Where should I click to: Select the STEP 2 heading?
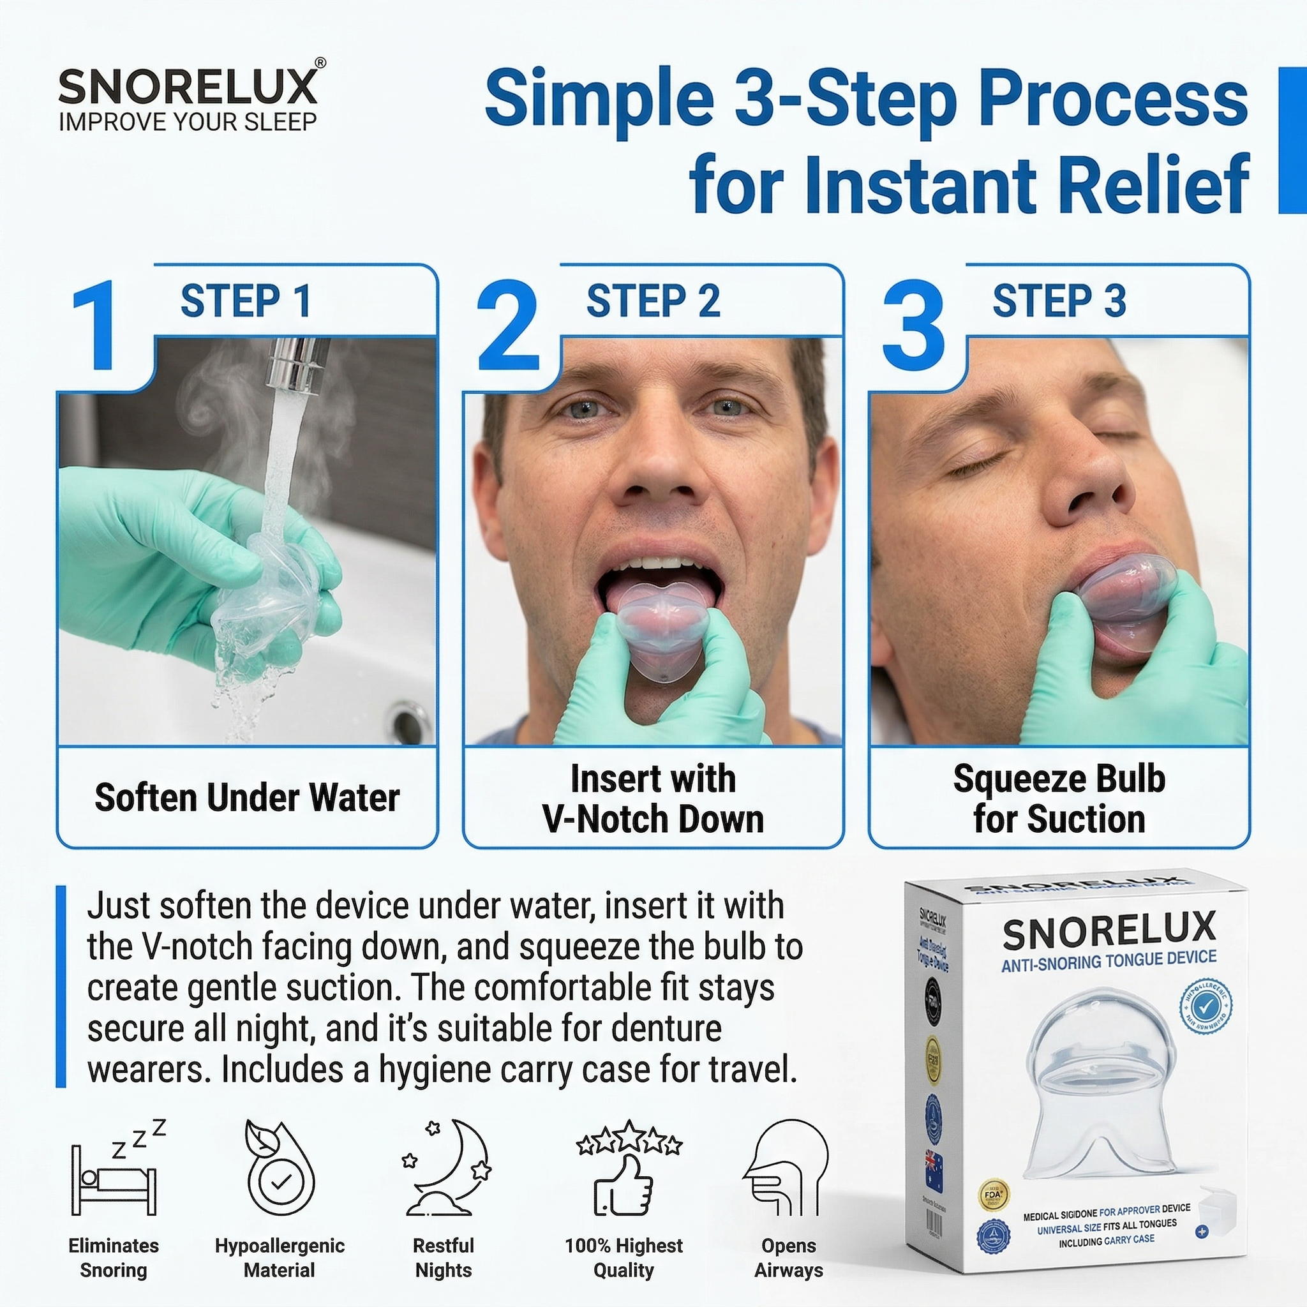(653, 301)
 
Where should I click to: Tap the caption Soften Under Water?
(247, 798)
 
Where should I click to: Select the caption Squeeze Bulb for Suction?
(1059, 798)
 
